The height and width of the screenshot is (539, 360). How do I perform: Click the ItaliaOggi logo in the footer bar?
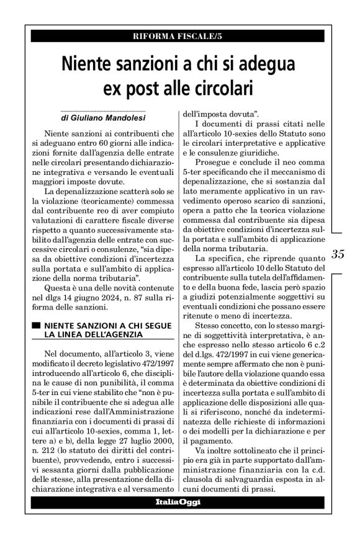pyautogui.click(x=179, y=501)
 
